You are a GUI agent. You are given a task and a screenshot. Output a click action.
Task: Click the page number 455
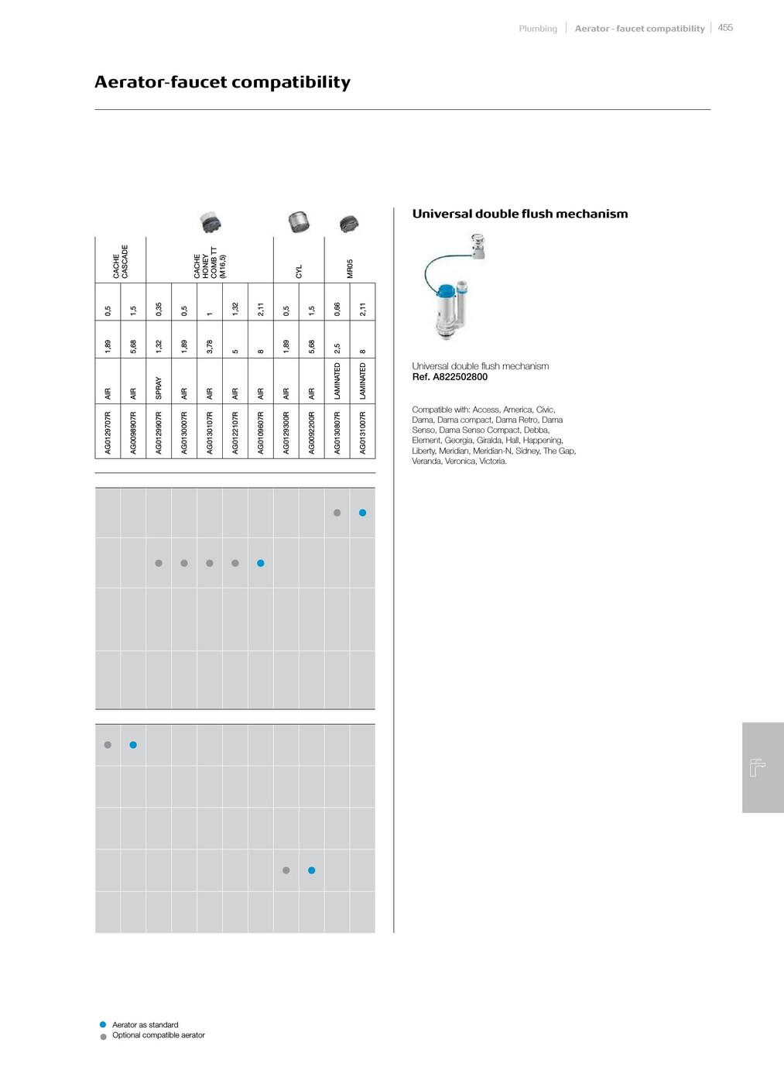tap(725, 28)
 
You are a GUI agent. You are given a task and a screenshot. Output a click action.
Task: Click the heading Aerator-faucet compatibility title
tap(222, 82)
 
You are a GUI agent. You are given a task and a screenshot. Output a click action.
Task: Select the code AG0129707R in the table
tap(108, 433)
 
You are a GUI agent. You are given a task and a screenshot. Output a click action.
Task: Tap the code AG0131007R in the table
tap(363, 433)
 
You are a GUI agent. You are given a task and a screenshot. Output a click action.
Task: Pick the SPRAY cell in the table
tap(159, 388)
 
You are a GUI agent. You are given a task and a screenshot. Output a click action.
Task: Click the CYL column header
tap(299, 271)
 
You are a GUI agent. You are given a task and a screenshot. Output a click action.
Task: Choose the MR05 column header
tap(350, 269)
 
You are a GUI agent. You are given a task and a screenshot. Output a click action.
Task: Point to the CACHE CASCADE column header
tap(120, 262)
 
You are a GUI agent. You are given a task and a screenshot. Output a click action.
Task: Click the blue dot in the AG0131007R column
tap(362, 513)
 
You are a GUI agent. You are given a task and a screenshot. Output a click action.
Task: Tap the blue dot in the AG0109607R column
tap(261, 563)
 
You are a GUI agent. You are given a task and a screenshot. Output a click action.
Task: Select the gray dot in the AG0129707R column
tap(108, 745)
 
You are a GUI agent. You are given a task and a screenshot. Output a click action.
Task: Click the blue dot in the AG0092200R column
tap(312, 870)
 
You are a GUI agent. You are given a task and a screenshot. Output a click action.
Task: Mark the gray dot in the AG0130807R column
tap(337, 513)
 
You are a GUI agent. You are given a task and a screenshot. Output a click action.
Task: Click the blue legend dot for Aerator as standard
tap(103, 1024)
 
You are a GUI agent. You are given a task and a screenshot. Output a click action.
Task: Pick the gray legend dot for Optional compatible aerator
tap(103, 1036)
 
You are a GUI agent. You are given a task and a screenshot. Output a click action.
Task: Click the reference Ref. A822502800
tap(450, 377)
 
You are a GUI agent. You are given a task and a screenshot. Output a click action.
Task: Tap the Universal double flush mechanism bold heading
tap(519, 214)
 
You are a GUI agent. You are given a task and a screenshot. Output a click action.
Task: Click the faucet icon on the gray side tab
tap(758, 767)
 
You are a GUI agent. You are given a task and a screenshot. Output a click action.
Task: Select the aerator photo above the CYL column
tap(298, 222)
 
